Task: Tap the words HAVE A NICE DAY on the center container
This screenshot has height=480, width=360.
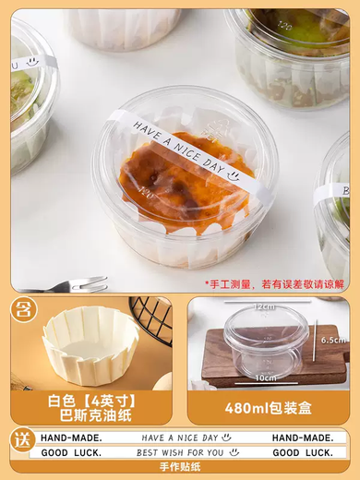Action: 179,148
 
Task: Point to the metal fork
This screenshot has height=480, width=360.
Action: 69,286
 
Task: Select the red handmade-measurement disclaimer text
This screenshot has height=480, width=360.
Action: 274,284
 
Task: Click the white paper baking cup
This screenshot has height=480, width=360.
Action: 90,344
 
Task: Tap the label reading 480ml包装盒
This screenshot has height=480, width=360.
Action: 268,407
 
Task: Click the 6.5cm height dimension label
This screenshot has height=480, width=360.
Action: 333,340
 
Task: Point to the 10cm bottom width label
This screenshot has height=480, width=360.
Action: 267,378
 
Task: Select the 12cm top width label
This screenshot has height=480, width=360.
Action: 266,306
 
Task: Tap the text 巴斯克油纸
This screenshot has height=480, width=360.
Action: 90,414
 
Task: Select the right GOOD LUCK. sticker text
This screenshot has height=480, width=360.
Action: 303,453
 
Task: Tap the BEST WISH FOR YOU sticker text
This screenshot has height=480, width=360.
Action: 180,453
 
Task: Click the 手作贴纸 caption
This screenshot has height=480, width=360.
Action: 180,469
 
